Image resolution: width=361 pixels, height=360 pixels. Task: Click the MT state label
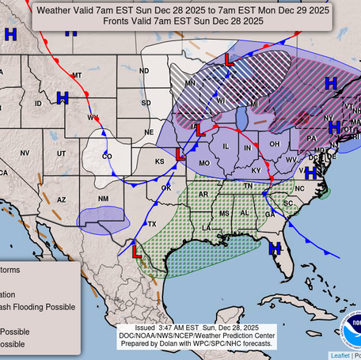pyautogui.click(x=77, y=75)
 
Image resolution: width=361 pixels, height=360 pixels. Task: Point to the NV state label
pyautogui.click(x=25, y=153)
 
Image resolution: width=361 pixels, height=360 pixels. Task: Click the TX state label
pyautogui.click(x=151, y=225)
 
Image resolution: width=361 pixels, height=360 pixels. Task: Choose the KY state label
pyautogui.click(x=256, y=170)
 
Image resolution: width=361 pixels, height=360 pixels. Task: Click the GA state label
pyautogui.click(x=271, y=214)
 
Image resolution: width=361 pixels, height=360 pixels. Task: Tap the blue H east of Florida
pyautogui.click(x=275, y=248)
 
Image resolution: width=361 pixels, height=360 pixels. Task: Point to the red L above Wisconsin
pyautogui.click(x=229, y=59)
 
